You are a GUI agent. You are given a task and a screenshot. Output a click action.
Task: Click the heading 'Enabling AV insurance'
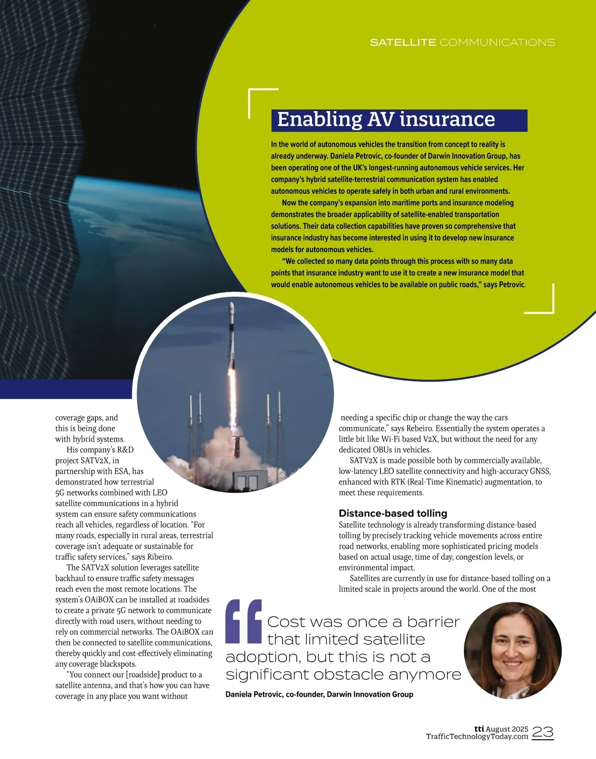tap(386, 120)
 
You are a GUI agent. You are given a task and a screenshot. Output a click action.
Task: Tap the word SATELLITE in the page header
tap(403, 43)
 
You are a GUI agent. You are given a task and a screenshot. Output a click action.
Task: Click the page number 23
tap(542, 732)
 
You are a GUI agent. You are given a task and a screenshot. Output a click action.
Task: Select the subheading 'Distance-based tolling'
tap(393, 513)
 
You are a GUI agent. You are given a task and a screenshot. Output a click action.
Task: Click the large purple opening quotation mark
tap(243, 621)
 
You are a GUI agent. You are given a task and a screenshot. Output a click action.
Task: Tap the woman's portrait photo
tap(513, 650)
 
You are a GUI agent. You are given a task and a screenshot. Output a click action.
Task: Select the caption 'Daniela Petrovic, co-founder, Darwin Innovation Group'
tap(319, 695)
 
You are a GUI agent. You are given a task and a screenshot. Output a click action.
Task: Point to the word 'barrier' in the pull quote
tap(433, 622)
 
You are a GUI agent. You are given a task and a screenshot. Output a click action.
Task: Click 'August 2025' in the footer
tap(507, 729)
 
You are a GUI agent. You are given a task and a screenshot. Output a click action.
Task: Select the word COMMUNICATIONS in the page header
tap(497, 43)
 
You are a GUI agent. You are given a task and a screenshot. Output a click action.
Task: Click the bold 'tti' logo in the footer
tap(479, 729)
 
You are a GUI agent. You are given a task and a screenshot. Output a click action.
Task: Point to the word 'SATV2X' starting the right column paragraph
tap(364, 460)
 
